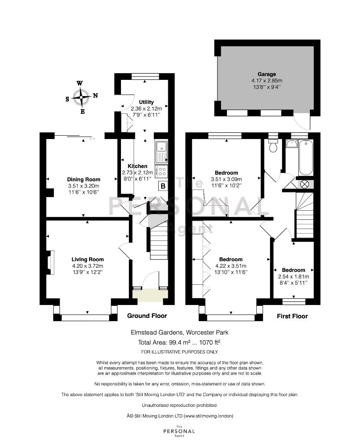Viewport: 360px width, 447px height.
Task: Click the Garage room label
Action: tap(267, 74)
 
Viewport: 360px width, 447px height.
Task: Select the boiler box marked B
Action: tap(163, 186)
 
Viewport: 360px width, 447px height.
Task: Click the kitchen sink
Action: tap(162, 151)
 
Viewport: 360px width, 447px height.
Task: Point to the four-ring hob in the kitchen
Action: tap(162, 171)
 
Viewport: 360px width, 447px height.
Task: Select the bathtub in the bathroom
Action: tap(306, 158)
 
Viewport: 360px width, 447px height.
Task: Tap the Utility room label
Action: tap(146, 102)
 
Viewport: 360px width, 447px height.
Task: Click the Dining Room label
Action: tap(84, 179)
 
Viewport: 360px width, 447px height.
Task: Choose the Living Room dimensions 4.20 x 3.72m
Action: tap(87, 266)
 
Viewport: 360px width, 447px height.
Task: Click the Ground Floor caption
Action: tap(147, 315)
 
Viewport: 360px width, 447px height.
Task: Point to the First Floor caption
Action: tap(292, 316)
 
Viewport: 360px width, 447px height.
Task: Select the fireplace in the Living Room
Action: tap(50, 262)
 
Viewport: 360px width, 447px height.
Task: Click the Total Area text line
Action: tap(179, 342)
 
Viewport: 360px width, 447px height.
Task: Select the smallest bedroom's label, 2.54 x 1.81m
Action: tap(294, 276)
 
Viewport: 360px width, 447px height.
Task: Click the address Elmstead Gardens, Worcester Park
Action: tap(179, 332)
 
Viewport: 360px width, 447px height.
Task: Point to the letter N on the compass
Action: tap(96, 96)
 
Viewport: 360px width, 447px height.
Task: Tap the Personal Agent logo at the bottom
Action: tap(179, 431)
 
